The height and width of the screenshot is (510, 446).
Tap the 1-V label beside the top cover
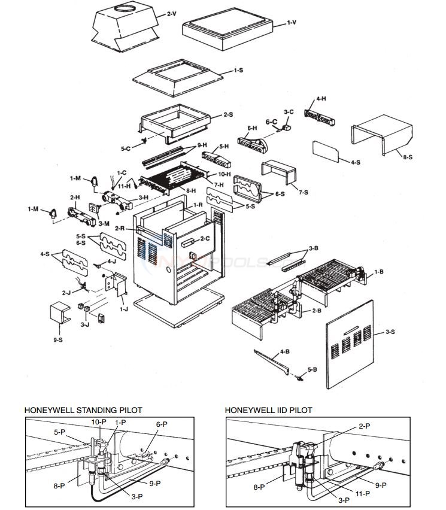click(x=292, y=23)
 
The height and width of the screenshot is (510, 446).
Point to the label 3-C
click(x=289, y=112)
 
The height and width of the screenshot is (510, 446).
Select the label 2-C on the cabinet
click(x=205, y=238)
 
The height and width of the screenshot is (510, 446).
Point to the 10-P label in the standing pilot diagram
click(x=99, y=422)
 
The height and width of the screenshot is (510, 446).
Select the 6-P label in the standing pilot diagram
click(x=162, y=424)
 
